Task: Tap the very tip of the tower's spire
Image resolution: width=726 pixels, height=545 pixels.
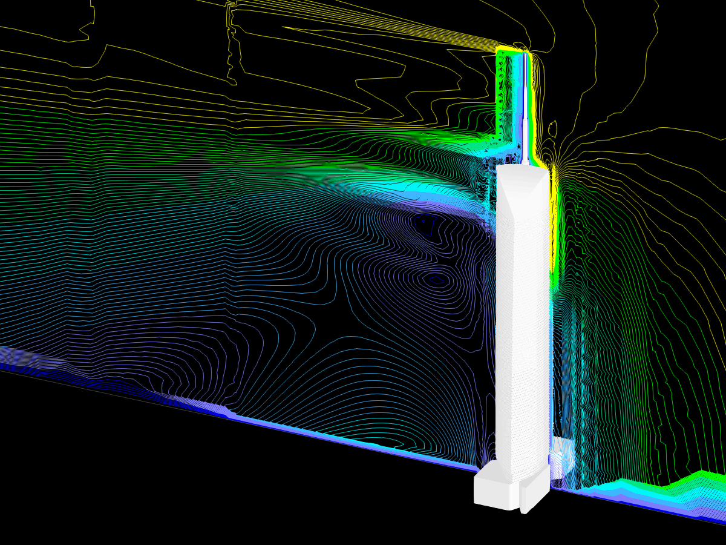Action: [525, 54]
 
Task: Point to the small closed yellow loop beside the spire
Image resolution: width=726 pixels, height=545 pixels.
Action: [552, 128]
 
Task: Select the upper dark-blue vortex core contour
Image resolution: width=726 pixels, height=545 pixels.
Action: [423, 222]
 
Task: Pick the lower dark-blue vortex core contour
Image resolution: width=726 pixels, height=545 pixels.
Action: [435, 279]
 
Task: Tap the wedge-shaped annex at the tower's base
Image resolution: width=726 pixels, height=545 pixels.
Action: [535, 490]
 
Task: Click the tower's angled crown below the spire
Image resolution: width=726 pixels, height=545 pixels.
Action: [522, 188]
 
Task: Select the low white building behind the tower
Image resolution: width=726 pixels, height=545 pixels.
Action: [562, 454]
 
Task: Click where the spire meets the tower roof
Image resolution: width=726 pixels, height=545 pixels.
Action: [525, 164]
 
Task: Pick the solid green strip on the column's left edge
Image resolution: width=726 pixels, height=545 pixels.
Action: [500, 91]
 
